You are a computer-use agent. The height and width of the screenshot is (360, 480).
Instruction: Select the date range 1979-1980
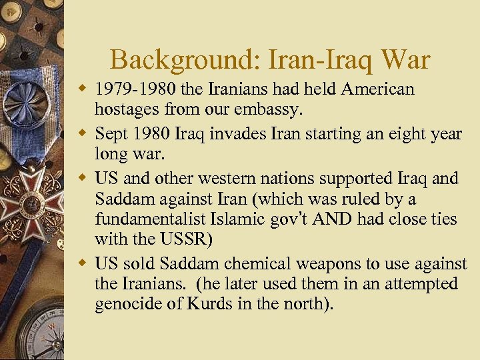(134, 89)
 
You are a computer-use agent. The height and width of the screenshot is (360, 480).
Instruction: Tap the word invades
(242, 134)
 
